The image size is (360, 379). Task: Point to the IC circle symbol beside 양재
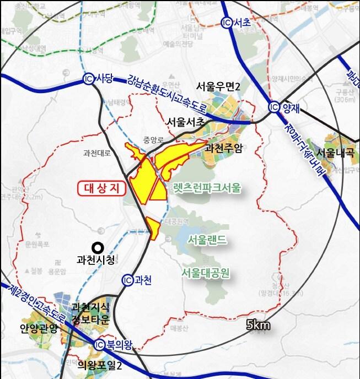coord(274,107)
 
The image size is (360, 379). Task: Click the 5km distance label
coord(258,325)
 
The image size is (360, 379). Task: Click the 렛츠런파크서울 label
coord(206,188)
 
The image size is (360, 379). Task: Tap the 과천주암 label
coord(223,148)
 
